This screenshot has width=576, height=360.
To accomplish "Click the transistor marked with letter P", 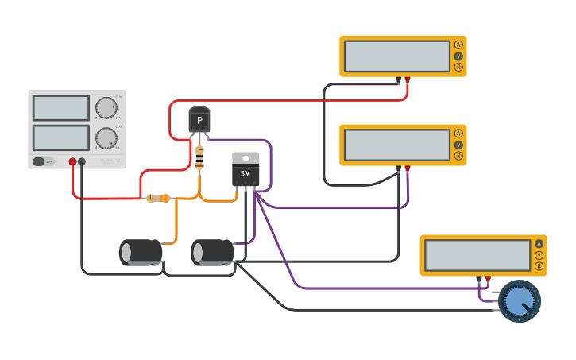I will tap(199, 121).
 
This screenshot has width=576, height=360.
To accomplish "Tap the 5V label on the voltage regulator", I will tap(245, 172).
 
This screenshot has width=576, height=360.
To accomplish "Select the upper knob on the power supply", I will tap(105, 108).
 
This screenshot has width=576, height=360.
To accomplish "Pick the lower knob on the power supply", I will tap(105, 138).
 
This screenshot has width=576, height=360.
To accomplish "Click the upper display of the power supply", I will tap(61, 108).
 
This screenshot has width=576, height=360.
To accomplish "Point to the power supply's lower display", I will tap(61, 137).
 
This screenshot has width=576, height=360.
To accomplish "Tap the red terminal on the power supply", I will tap(72, 161).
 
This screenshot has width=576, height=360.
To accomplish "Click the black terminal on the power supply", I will tap(82, 161).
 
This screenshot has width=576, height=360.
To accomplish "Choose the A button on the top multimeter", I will tap(458, 45).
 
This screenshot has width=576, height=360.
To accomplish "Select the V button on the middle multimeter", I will tap(458, 145).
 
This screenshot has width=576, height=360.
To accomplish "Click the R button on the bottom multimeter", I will tap(539, 266).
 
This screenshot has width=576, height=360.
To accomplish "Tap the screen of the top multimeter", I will tap(397, 56).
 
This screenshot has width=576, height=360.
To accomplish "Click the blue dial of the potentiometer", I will tap(519, 301).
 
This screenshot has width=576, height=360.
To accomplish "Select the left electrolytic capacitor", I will tap(141, 252).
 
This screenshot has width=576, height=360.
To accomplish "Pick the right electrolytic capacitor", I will tap(212, 252).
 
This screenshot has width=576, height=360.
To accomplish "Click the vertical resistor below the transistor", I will tap(199, 157).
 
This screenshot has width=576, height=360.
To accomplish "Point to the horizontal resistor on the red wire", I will tap(158, 198).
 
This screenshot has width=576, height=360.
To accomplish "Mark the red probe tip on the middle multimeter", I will tap(408, 168).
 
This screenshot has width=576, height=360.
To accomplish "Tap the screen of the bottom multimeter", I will tap(477, 255).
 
